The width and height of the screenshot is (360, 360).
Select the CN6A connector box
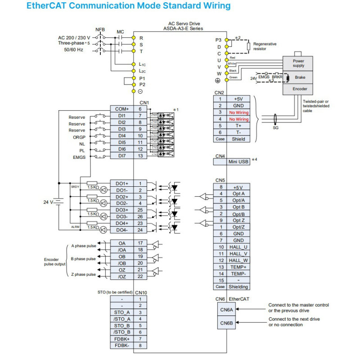(226, 310)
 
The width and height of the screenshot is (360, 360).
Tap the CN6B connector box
(226, 323)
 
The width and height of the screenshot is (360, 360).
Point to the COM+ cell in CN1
(121, 109)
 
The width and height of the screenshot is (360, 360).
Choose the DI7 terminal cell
(121, 156)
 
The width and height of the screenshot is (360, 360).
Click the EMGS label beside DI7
(79, 157)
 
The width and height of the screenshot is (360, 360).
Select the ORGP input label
(79, 137)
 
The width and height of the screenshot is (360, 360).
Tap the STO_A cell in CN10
(122, 312)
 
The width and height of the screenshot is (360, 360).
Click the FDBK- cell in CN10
(122, 345)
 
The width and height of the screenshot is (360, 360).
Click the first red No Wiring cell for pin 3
(238, 112)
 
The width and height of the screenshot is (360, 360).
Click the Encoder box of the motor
(300, 89)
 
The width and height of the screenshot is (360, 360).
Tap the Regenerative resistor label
(265, 46)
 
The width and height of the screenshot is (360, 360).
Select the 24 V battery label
(48, 202)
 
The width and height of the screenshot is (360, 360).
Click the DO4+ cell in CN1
(121, 223)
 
